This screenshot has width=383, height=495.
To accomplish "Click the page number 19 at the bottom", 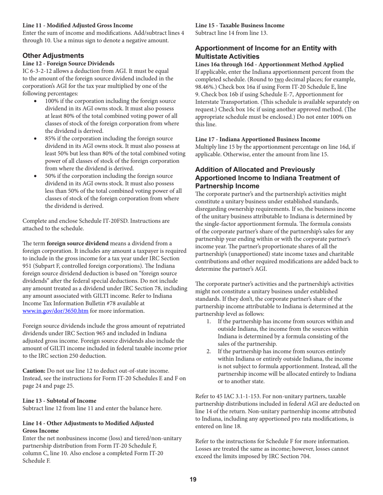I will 193,479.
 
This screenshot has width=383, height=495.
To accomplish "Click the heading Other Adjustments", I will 53,56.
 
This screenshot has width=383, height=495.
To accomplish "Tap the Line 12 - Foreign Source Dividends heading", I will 69,64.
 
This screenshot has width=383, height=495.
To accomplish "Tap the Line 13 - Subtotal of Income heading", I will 59,401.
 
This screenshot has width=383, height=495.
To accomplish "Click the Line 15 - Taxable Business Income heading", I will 240,25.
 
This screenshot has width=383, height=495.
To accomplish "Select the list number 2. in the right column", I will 209,352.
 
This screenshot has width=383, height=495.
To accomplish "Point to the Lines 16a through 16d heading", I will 269,64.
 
